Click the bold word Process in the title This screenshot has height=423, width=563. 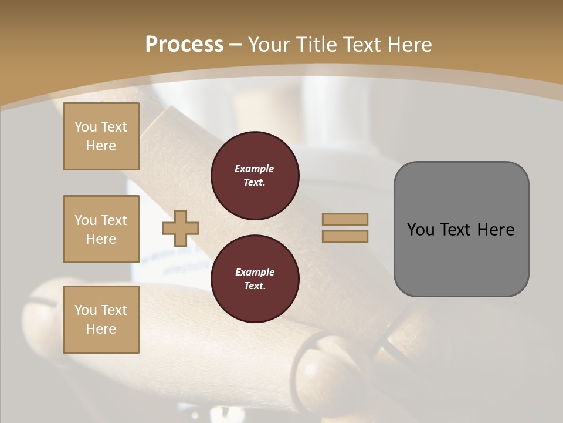tap(184, 45)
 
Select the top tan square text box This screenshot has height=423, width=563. tap(101, 136)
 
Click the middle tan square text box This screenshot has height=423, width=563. tap(101, 229)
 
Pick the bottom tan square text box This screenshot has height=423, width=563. tap(101, 320)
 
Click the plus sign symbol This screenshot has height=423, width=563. tap(181, 228)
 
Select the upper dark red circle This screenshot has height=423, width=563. tap(255, 176)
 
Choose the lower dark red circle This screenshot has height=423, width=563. tap(255, 279)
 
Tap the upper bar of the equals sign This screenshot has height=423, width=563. tap(345, 219)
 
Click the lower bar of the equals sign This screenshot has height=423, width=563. tap(345, 236)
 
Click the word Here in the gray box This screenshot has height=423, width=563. tap(496, 230)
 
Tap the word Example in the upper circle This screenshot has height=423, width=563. tap(255, 169)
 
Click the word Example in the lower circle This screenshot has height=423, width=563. tap(255, 272)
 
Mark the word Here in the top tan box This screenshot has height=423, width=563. tap(101, 146)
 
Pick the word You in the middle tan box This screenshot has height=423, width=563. tap(86, 220)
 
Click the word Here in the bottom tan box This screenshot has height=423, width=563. tap(101, 329)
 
